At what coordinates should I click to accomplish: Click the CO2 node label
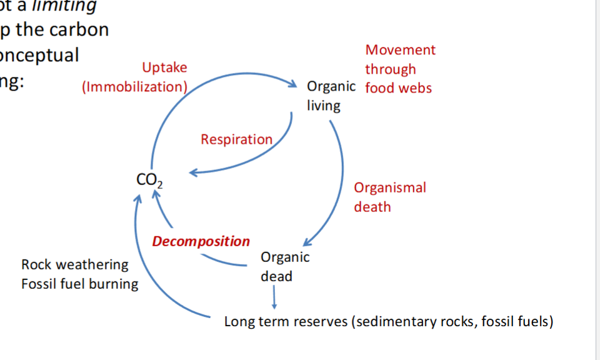pos(149,180)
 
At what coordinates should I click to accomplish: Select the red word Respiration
pos(236,139)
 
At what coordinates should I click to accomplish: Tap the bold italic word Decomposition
pos(201,241)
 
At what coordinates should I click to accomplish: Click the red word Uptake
pos(164,67)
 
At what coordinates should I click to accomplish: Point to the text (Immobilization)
pos(134,87)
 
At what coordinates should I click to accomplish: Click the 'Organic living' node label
pos(331,96)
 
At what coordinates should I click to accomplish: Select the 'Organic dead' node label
pos(284,266)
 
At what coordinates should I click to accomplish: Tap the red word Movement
pos(400,50)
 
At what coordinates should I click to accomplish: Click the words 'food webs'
pos(398,88)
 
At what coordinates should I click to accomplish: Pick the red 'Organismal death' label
pos(389,197)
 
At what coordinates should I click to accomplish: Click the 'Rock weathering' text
pos(74,264)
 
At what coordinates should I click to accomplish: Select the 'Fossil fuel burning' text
pos(79,284)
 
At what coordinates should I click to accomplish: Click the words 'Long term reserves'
pos(286,322)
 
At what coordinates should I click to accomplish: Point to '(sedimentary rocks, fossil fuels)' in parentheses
pos(452,322)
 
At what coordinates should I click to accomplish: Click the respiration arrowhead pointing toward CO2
pos(194,172)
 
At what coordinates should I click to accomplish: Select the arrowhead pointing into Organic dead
pos(309,242)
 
